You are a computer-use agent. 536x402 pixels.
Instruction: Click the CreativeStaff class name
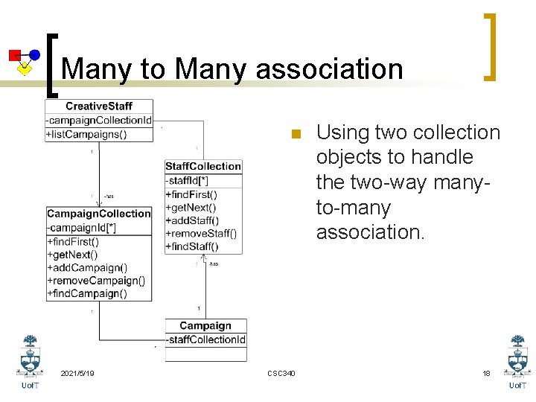tap(99, 106)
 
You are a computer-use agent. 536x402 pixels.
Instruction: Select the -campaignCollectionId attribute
tap(99, 120)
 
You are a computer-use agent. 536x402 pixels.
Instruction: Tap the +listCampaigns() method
tap(86, 135)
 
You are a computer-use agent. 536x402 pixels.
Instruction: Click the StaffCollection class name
tap(203, 166)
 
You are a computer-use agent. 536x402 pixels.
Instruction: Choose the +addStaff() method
tap(192, 220)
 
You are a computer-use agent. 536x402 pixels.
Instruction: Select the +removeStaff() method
tap(201, 233)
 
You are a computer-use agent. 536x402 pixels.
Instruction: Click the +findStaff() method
tap(192, 246)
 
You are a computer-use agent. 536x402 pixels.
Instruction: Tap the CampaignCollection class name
tap(99, 214)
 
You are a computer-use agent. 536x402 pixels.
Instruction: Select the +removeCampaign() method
tap(95, 281)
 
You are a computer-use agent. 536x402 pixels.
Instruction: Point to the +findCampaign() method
tap(86, 293)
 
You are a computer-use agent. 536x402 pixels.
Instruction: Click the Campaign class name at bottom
tap(205, 325)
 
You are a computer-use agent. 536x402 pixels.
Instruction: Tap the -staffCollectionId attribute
tap(205, 339)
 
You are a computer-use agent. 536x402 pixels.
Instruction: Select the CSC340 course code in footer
tap(281, 373)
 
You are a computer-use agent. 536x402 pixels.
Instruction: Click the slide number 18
tap(486, 373)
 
